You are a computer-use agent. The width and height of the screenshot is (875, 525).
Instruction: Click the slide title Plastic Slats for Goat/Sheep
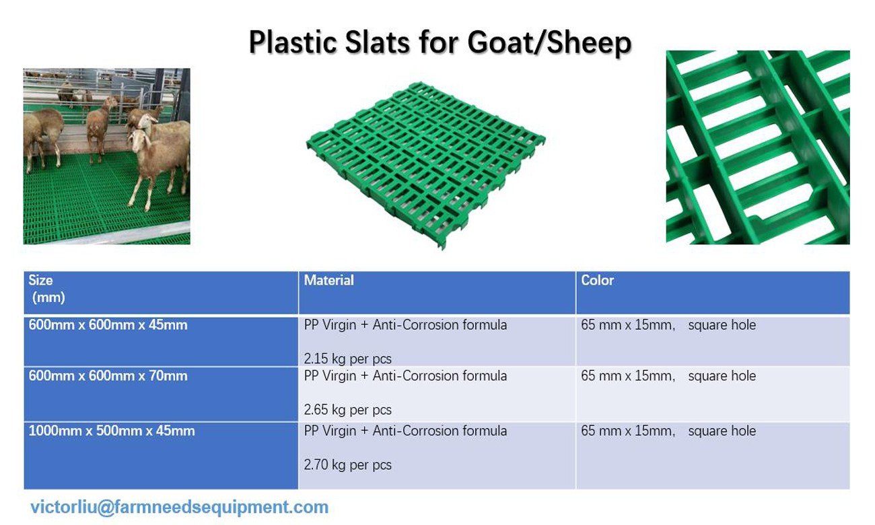point(440,42)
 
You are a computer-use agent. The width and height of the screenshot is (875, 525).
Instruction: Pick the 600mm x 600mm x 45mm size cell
point(161,341)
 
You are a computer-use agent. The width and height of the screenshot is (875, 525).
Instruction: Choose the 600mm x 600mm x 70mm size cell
point(161,394)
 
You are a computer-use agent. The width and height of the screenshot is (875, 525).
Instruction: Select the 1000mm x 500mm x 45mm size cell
point(161,456)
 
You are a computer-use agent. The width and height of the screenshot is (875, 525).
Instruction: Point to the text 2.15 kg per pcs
point(348,359)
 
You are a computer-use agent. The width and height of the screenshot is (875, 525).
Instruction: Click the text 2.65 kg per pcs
point(348,410)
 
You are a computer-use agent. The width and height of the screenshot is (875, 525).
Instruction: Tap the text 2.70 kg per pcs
point(348,465)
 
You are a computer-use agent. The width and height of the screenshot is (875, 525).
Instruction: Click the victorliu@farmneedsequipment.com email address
point(179,508)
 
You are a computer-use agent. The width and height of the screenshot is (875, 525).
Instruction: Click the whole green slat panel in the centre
point(426,164)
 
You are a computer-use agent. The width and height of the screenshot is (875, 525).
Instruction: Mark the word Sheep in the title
point(589,42)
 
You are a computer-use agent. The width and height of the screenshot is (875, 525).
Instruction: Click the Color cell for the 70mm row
point(713,394)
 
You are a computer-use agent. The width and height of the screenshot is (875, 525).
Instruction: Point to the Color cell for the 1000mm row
point(713,456)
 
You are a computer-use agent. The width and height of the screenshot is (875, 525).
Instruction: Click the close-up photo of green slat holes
point(758,147)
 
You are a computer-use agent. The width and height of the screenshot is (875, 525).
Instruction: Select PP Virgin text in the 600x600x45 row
point(330,325)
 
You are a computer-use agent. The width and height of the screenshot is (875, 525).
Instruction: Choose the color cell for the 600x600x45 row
point(713,341)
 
